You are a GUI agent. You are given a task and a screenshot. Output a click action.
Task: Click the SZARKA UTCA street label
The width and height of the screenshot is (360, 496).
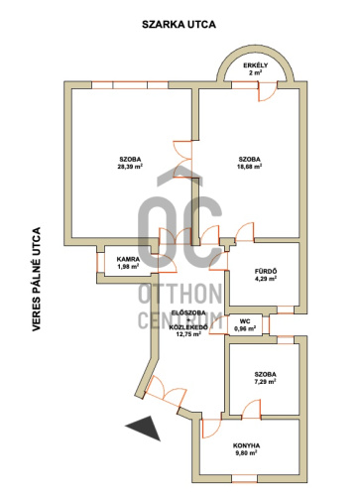click(x=179, y=25)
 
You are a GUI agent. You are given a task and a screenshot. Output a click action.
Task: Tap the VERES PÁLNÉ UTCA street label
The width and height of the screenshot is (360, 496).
click(x=37, y=279)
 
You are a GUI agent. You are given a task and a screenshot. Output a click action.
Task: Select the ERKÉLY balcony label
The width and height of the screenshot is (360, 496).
click(x=256, y=65)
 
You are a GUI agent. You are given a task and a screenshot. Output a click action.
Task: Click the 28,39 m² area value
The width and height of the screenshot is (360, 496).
click(x=130, y=167)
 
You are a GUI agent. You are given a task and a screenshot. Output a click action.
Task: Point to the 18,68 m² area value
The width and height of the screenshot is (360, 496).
click(x=249, y=167)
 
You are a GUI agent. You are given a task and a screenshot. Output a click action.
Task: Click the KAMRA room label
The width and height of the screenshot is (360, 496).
click(x=128, y=259)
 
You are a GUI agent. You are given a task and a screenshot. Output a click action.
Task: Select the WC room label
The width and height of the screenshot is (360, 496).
click(x=245, y=321)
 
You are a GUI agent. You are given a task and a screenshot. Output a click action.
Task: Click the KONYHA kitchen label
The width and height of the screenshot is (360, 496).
click(x=246, y=445)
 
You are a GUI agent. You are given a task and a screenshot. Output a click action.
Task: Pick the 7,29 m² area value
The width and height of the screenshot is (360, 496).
click(x=266, y=382)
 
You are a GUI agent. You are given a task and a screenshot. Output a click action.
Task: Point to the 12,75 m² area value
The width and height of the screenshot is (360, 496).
click(x=189, y=334)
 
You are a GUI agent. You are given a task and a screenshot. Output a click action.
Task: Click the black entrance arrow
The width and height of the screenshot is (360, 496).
click(x=145, y=428)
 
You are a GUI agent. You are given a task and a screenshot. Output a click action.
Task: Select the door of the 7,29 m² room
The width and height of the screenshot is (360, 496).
click(x=251, y=409)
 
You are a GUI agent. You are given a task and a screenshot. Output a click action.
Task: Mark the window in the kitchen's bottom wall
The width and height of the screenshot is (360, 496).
click(x=244, y=478)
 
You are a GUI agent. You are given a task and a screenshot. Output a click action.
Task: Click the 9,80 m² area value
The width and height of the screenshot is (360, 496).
click(x=246, y=453)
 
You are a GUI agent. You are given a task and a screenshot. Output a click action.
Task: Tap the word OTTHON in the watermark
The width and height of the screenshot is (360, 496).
click(x=180, y=294)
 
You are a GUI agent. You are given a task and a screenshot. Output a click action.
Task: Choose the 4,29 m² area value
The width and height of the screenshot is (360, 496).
click(x=266, y=279)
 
